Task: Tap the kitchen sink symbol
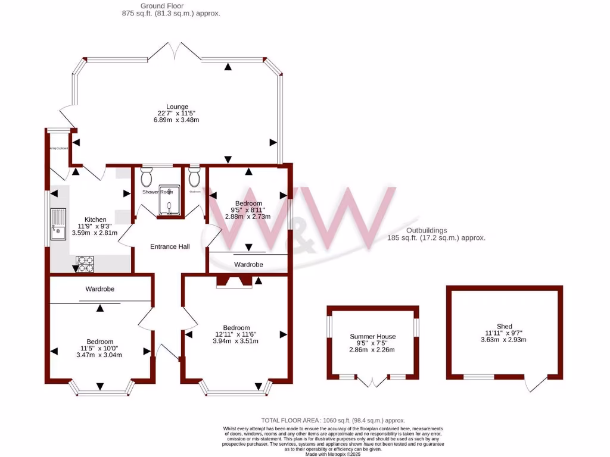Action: (58, 224)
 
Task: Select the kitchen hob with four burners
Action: (85, 264)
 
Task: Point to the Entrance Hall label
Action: (170, 246)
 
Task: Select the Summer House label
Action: (372, 336)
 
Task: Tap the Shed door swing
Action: (536, 384)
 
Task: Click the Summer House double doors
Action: (373, 382)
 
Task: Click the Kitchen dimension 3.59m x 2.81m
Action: (94, 233)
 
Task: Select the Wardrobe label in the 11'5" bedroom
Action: (99, 289)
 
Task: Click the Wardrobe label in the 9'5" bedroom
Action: (248, 264)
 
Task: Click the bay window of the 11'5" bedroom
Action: (99, 390)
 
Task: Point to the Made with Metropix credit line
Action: (333, 453)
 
